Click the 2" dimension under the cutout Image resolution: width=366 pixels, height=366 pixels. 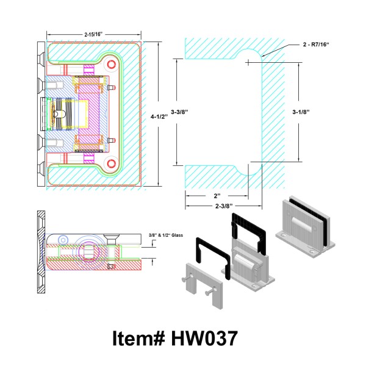click(217, 196)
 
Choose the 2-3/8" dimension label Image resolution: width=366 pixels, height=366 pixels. click(224, 206)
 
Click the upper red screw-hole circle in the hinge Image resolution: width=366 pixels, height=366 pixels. click(112, 64)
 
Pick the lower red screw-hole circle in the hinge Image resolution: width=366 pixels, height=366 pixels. click(112, 163)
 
